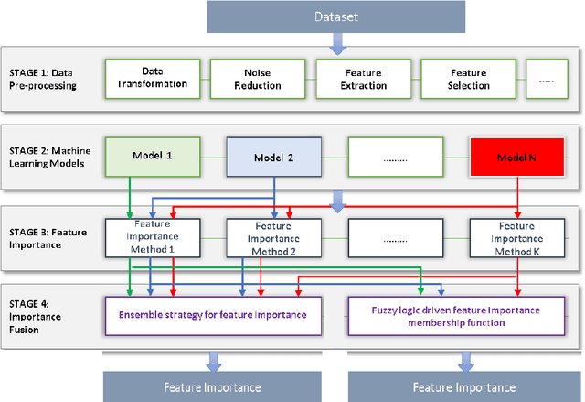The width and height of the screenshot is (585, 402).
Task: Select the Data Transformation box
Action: point(153,78)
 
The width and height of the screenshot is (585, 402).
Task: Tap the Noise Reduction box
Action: point(257,78)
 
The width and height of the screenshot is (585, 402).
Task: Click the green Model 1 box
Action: point(153,156)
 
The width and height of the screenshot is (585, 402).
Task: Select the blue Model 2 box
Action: point(273,156)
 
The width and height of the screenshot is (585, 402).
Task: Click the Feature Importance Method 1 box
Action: point(153,236)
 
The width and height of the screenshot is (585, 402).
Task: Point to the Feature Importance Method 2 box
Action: point(273,236)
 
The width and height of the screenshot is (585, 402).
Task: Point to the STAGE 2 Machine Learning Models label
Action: point(51,156)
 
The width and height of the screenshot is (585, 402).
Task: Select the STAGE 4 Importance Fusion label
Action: point(37,314)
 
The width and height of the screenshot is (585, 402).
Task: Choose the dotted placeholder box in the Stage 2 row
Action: point(394,156)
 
